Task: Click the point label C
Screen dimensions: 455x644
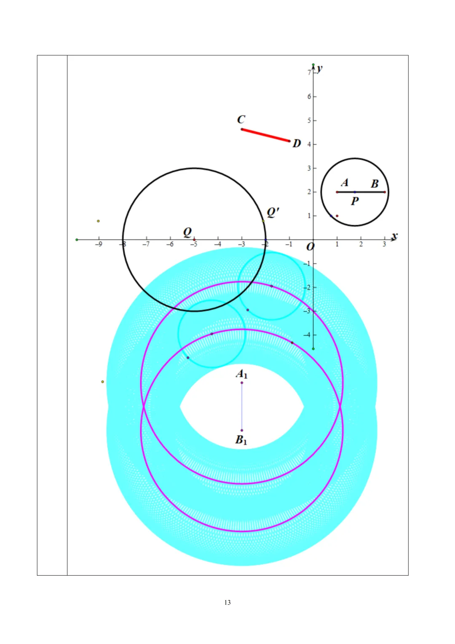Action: pos(241,120)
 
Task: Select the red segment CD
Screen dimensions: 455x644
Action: pos(265,135)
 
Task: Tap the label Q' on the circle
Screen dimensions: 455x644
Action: pos(273,213)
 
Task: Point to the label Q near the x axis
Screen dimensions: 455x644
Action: pos(187,232)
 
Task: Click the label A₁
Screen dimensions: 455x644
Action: pos(241,374)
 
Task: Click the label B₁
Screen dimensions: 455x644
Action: pos(241,440)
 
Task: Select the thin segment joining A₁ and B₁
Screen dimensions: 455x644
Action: pos(242,407)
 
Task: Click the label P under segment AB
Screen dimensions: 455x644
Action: pos(355,201)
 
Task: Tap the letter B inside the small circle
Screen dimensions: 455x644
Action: pos(375,184)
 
